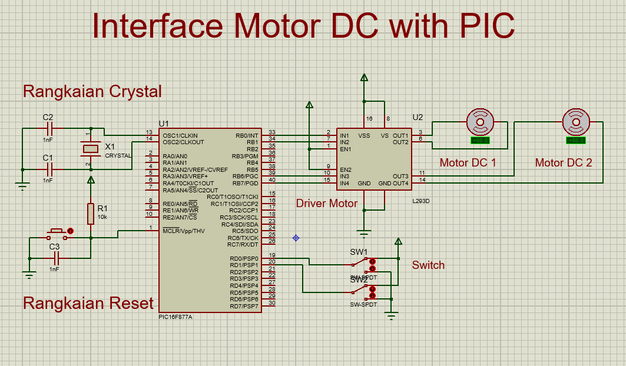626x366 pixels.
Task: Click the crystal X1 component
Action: tap(90, 148)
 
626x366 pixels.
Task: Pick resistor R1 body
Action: tap(91, 214)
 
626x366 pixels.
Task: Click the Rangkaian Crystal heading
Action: tap(92, 91)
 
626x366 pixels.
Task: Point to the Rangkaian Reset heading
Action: tap(88, 303)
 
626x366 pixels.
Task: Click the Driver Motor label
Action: tap(326, 204)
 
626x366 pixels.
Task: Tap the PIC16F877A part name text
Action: tap(175, 317)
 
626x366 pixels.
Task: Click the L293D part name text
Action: tap(421, 201)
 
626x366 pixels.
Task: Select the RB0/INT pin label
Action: tap(246, 135)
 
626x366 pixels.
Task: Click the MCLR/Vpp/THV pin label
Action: tap(184, 231)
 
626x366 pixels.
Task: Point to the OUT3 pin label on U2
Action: tap(400, 177)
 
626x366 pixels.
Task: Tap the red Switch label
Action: tap(428, 265)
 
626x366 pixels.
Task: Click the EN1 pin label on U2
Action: tap(346, 149)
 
